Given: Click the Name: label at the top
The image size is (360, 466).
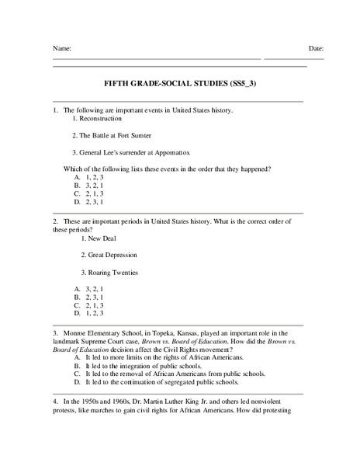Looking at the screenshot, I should coord(62,48).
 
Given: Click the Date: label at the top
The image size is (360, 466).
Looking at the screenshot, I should coord(316,48).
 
